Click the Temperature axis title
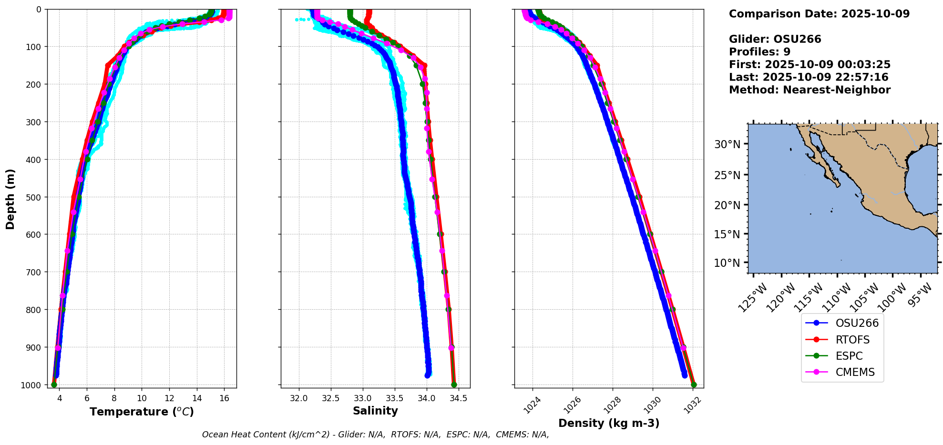(142, 412)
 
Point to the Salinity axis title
(375, 411)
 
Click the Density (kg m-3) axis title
(609, 423)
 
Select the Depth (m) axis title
(10, 199)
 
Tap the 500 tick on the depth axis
(34, 197)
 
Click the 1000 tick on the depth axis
(31, 385)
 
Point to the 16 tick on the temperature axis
(224, 397)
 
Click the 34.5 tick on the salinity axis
(458, 398)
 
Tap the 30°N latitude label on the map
(727, 144)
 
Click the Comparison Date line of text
(819, 14)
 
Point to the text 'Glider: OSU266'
(775, 39)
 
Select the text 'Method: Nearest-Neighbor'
(810, 90)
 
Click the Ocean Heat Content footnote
(375, 435)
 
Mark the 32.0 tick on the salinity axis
(299, 398)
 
